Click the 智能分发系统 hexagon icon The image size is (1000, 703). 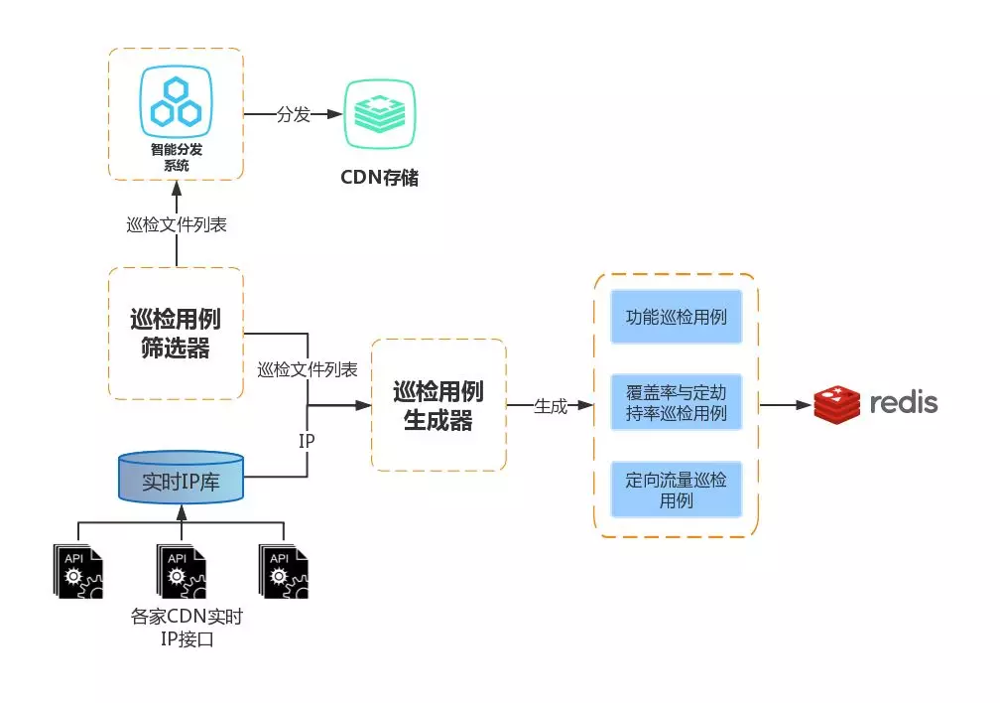click(x=176, y=102)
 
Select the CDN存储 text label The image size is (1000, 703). click(x=380, y=178)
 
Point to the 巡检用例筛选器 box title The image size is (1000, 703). click(x=176, y=334)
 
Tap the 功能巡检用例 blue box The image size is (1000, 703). click(x=677, y=317)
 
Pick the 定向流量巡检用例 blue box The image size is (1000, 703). click(x=677, y=490)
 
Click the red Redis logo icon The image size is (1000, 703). click(x=836, y=404)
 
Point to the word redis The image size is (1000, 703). click(x=903, y=403)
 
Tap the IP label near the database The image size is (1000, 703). click(x=307, y=438)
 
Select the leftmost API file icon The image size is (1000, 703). click(x=77, y=570)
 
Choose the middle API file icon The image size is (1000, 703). click(x=181, y=570)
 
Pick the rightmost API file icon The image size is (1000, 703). click(x=284, y=570)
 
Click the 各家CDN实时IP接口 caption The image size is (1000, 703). click(x=187, y=629)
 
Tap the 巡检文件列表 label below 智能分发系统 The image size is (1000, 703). click(x=178, y=224)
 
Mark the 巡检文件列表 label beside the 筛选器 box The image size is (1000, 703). click(x=308, y=369)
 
